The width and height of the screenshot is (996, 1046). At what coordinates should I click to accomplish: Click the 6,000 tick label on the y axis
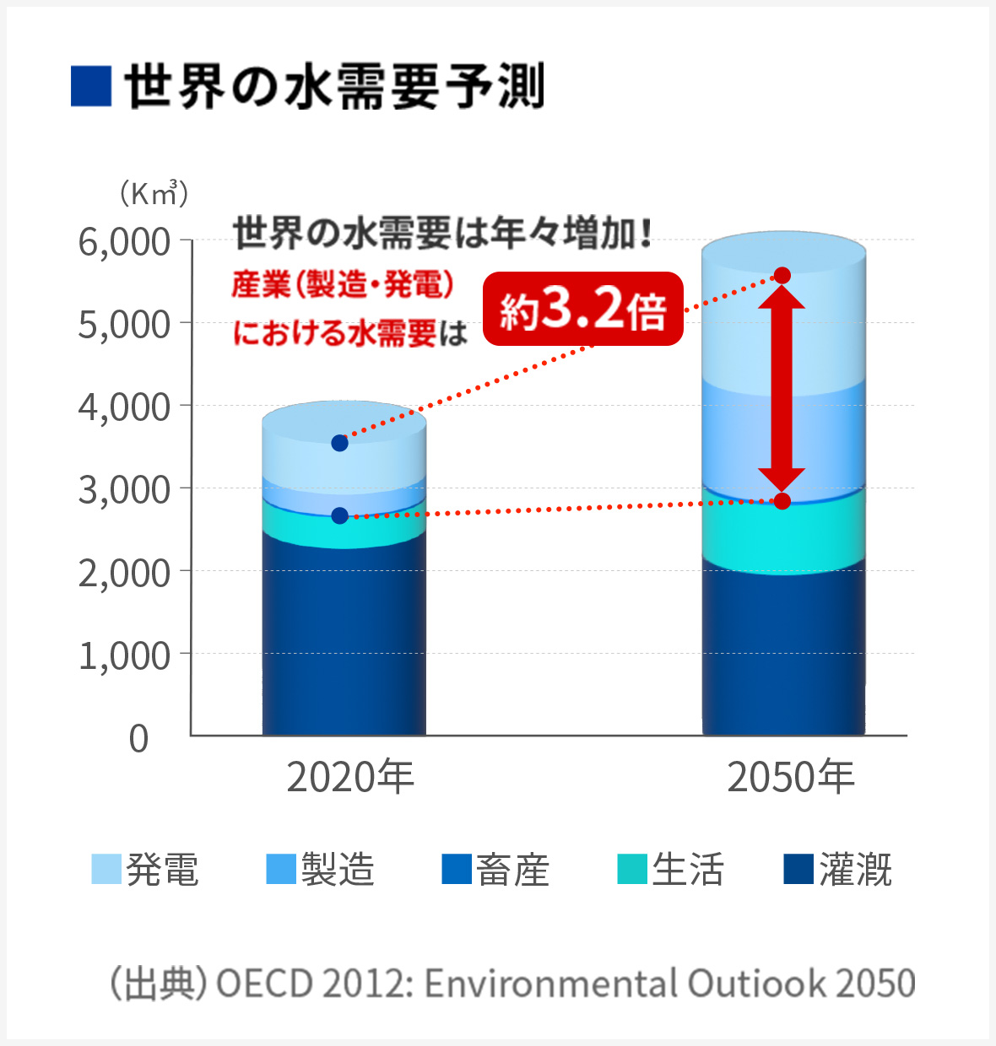[x=124, y=243]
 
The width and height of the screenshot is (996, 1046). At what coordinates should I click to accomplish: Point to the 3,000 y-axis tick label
[x=124, y=490]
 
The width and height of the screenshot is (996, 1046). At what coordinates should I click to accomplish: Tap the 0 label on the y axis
[x=139, y=739]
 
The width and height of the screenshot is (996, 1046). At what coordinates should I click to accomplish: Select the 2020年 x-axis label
[x=350, y=777]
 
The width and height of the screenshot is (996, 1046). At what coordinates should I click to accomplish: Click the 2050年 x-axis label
[x=791, y=777]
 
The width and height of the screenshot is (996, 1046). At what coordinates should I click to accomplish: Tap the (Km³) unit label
[x=153, y=194]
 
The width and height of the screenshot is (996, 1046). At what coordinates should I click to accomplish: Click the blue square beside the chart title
[x=91, y=86]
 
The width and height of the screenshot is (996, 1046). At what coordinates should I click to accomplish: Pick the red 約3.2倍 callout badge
[x=582, y=309]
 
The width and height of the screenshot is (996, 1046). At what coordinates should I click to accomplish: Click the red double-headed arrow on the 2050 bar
[x=782, y=388]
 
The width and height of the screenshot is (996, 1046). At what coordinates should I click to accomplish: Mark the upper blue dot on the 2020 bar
[x=340, y=443]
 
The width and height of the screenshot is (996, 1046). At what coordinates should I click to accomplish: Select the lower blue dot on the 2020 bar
[x=340, y=515]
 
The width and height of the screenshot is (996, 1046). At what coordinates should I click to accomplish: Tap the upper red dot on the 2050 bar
[x=782, y=276]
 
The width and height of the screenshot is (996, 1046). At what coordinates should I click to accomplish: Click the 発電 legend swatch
[x=106, y=870]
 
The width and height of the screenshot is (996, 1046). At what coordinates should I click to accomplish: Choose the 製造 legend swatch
[x=281, y=870]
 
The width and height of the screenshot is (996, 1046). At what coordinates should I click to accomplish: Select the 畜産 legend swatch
[x=457, y=870]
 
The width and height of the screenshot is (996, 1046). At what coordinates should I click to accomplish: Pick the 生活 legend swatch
[x=632, y=870]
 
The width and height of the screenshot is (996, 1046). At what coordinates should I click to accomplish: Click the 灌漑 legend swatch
[x=798, y=870]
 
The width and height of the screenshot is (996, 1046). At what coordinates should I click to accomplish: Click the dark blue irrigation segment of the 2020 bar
[x=344, y=641]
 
